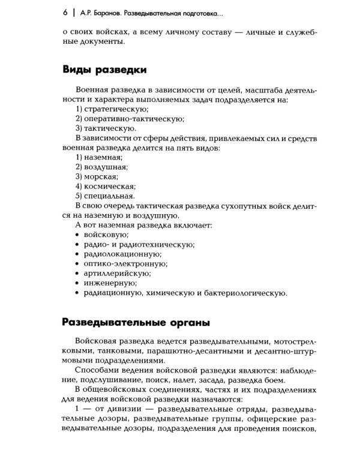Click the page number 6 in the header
coord(65,12)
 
